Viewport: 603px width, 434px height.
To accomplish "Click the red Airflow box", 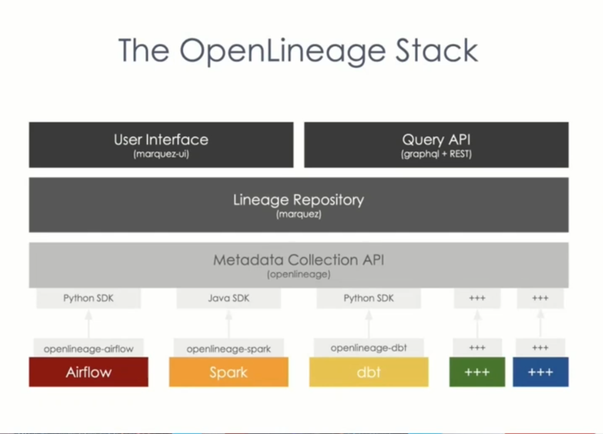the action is (88, 372).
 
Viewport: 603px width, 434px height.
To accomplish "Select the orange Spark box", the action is (229, 372).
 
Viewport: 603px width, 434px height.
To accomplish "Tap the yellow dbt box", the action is (369, 372).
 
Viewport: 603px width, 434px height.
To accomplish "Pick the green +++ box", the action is (477, 372).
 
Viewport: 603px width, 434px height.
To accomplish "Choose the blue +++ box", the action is (540, 372).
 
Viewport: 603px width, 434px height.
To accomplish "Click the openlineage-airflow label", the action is (88, 349).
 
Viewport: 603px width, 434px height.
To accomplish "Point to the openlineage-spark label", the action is (229, 349).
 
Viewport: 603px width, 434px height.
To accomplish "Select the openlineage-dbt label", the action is (369, 348).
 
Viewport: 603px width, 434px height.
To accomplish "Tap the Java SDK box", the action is (229, 298).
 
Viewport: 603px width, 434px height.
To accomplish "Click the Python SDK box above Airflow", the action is (88, 298).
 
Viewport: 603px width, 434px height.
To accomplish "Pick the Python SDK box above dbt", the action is (369, 298).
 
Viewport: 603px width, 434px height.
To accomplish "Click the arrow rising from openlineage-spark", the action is (229, 324).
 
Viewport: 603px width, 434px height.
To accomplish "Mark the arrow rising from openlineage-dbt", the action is (369, 324).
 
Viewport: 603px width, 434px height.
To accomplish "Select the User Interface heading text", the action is (161, 139).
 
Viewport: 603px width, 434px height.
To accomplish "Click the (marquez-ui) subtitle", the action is (161, 154).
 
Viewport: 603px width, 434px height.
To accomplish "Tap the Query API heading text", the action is (437, 140).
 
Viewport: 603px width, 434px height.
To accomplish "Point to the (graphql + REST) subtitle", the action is (437, 154).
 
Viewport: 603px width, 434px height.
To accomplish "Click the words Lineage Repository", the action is (299, 200).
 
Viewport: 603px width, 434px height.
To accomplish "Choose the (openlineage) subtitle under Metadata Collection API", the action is (299, 274).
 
